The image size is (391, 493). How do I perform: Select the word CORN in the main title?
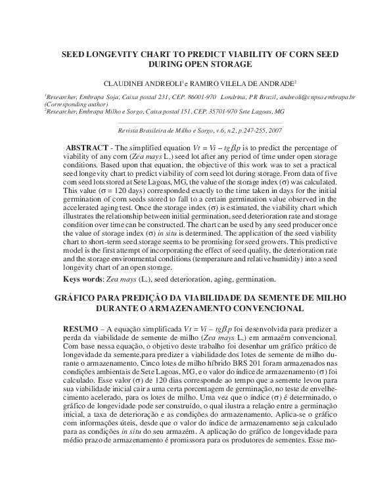tap(294, 55)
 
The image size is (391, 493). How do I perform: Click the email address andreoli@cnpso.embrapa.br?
tap(314, 96)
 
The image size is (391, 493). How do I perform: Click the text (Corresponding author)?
tap(73, 104)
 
